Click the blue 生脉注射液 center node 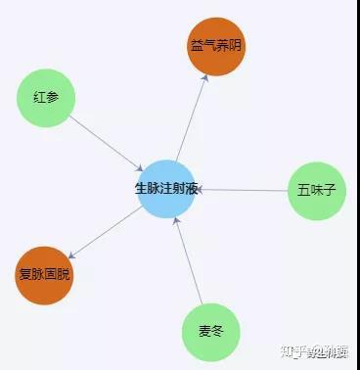[x=167, y=188]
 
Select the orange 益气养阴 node [x=216, y=45]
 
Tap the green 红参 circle [x=46, y=98]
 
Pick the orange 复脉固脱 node [x=45, y=275]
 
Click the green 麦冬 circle [x=210, y=332]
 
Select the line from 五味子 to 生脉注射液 [x=245, y=189]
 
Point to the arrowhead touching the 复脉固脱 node [x=74, y=255]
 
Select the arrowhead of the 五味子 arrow [x=202, y=189]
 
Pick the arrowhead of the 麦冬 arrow [x=175, y=220]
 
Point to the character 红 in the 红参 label [x=39, y=98]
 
